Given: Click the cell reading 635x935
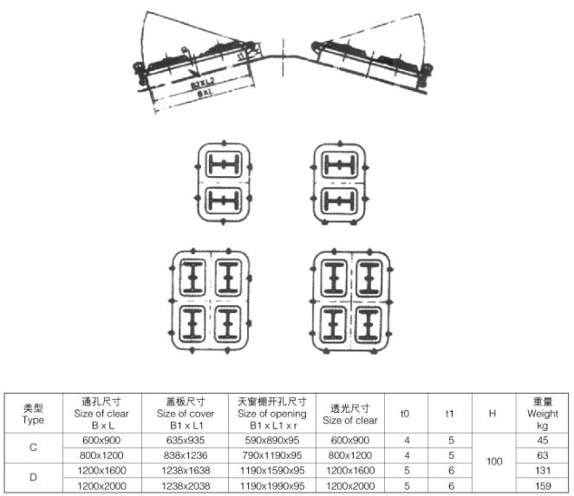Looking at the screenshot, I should coord(190,441).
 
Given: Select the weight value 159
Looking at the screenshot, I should coord(543,487).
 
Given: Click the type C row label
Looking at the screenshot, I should coord(33,447).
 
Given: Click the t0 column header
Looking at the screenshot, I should coord(405,414).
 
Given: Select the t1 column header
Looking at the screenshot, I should coord(450,414).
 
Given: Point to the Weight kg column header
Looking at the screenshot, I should coord(543,414).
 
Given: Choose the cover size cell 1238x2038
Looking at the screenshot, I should coord(190,487).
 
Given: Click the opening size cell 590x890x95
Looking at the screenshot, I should coord(271,441).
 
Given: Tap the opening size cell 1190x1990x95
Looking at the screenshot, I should coord(271,487).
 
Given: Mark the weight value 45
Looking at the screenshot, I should coord(543,441).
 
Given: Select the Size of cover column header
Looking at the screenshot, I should coord(190,414).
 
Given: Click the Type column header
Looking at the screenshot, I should coord(33,414).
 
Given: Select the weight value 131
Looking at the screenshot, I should coord(543,472).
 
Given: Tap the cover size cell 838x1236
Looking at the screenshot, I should coord(190,456).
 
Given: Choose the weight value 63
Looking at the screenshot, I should coord(543,456).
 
